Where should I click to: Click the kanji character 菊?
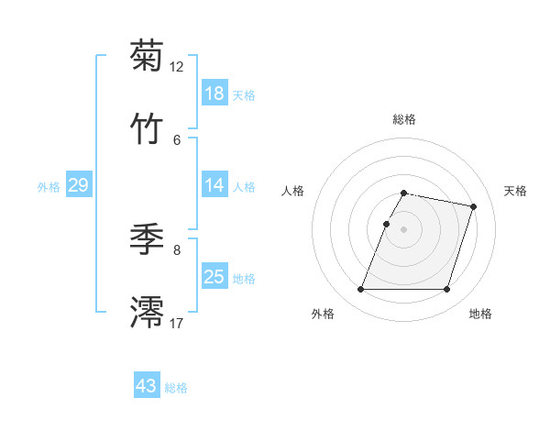(147, 56)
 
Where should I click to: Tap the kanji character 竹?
(147, 129)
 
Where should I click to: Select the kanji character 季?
(147, 239)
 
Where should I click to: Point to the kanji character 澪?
(147, 313)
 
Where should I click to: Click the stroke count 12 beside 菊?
(177, 67)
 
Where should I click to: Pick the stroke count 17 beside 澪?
(177, 323)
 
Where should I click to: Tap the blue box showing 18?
(214, 94)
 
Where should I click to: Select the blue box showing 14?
(214, 185)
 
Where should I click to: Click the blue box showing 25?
(214, 277)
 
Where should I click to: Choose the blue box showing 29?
(78, 185)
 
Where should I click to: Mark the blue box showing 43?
(147, 386)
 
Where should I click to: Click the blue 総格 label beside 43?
(176, 388)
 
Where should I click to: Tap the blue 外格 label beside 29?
(49, 187)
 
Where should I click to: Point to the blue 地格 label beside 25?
(244, 279)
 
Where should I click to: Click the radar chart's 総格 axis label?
(404, 119)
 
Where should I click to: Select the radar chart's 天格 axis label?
(515, 191)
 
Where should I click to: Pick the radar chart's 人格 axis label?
(292, 191)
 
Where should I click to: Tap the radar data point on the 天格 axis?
(474, 207)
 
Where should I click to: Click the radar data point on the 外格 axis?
(361, 290)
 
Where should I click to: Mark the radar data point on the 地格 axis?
(447, 290)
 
